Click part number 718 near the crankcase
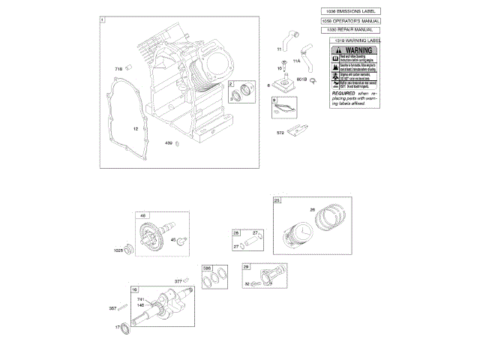click(118, 69)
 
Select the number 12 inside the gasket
click(136, 128)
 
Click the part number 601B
click(302, 79)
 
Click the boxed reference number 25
click(277, 200)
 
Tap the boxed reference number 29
click(246, 266)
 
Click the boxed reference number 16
click(135, 289)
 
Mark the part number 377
click(178, 281)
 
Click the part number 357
click(112, 307)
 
